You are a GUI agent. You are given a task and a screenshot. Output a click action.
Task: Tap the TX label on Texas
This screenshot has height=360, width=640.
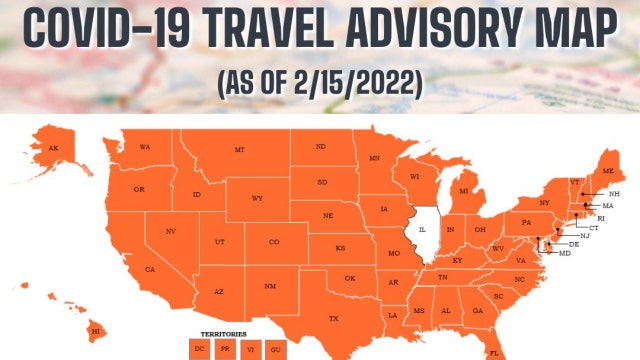[x=334, y=319]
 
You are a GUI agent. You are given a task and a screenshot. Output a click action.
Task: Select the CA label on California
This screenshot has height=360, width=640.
[x=150, y=270]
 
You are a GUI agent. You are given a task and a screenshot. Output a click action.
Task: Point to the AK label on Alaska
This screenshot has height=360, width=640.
[x=55, y=149]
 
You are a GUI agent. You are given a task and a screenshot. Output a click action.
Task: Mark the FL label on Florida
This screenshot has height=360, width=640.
[x=494, y=352]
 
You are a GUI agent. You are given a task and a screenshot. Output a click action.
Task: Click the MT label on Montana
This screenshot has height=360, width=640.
[x=240, y=149]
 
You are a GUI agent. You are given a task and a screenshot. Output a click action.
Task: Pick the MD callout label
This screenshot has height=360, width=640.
[x=566, y=254]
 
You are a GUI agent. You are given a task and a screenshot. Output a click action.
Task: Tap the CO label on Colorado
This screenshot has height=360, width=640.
[x=274, y=241]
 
